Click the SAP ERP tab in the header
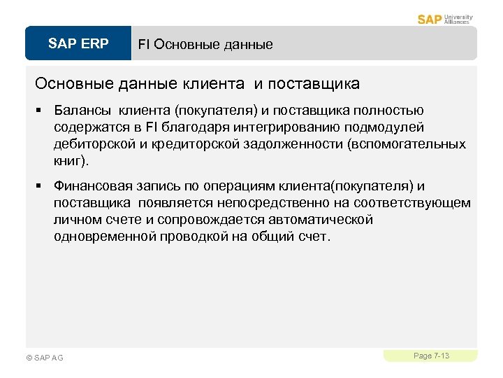(78, 44)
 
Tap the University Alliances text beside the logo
(458, 19)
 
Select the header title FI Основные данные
(205, 45)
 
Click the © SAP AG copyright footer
(44, 358)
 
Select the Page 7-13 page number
(431, 356)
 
